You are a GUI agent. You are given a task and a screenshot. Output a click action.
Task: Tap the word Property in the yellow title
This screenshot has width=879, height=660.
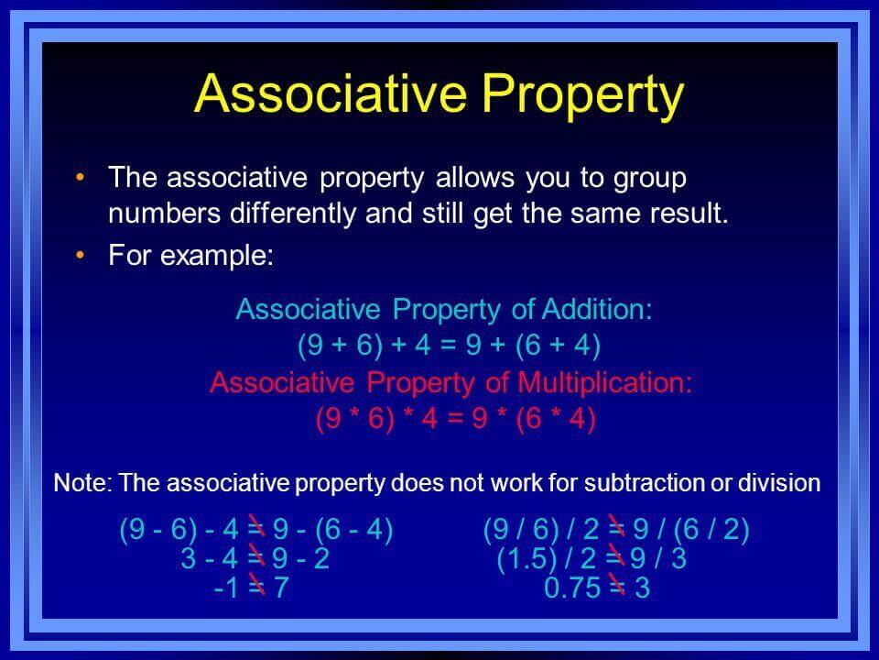click(x=583, y=96)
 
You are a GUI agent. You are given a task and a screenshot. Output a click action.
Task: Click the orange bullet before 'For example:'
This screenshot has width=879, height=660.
click(x=81, y=256)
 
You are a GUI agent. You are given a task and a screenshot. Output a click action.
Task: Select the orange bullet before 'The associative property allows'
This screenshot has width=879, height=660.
click(x=81, y=178)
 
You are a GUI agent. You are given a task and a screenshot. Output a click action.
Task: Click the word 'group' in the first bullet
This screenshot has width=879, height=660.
click(x=650, y=180)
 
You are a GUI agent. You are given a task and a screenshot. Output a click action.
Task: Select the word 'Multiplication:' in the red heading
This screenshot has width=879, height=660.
click(x=605, y=383)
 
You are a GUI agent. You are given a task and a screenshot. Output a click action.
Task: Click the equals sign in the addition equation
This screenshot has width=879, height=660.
click(x=449, y=345)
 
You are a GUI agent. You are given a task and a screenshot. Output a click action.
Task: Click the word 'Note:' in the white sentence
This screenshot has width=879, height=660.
click(x=83, y=483)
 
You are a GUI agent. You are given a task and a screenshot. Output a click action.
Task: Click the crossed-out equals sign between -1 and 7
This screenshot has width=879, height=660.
click(x=256, y=587)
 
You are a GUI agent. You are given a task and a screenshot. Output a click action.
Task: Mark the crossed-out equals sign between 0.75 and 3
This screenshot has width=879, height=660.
click(x=616, y=587)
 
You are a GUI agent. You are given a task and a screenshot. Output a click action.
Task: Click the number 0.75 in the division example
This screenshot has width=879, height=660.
click(x=572, y=588)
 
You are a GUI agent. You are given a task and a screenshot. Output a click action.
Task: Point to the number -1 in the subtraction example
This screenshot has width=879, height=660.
click(x=226, y=588)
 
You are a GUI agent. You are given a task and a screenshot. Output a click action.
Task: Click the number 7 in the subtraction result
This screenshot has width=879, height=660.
click(x=281, y=588)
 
